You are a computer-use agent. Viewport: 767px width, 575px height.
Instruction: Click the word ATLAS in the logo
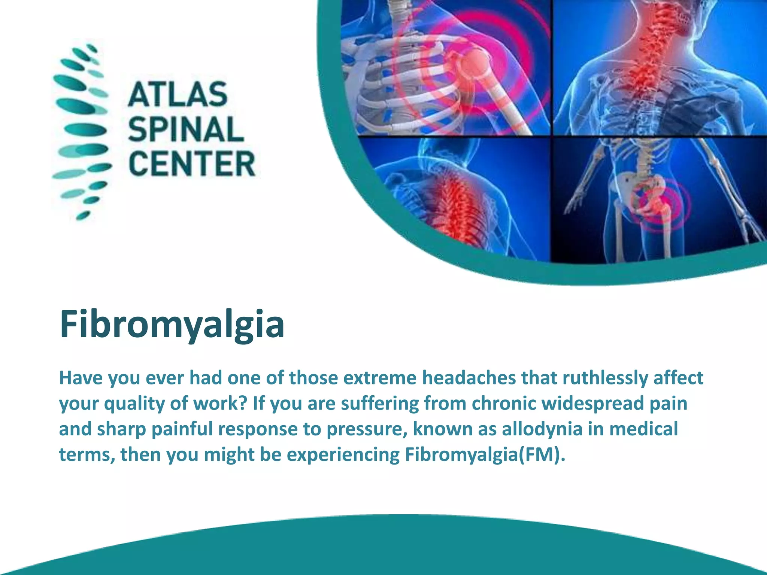(x=178, y=94)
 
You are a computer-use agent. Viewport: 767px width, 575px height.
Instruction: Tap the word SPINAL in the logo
(x=186, y=129)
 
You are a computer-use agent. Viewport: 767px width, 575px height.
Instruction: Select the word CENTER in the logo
(x=192, y=164)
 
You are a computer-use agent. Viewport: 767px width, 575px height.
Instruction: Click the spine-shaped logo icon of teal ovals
(x=81, y=131)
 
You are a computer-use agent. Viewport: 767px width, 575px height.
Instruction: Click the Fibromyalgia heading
(x=172, y=324)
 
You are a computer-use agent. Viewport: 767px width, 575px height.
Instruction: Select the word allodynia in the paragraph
(x=542, y=429)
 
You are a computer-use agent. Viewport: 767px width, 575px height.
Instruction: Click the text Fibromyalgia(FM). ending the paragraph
(x=485, y=454)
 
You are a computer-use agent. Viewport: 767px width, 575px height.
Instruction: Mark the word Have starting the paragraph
(x=81, y=377)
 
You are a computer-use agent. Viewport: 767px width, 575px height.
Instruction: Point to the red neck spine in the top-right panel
(x=652, y=41)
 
